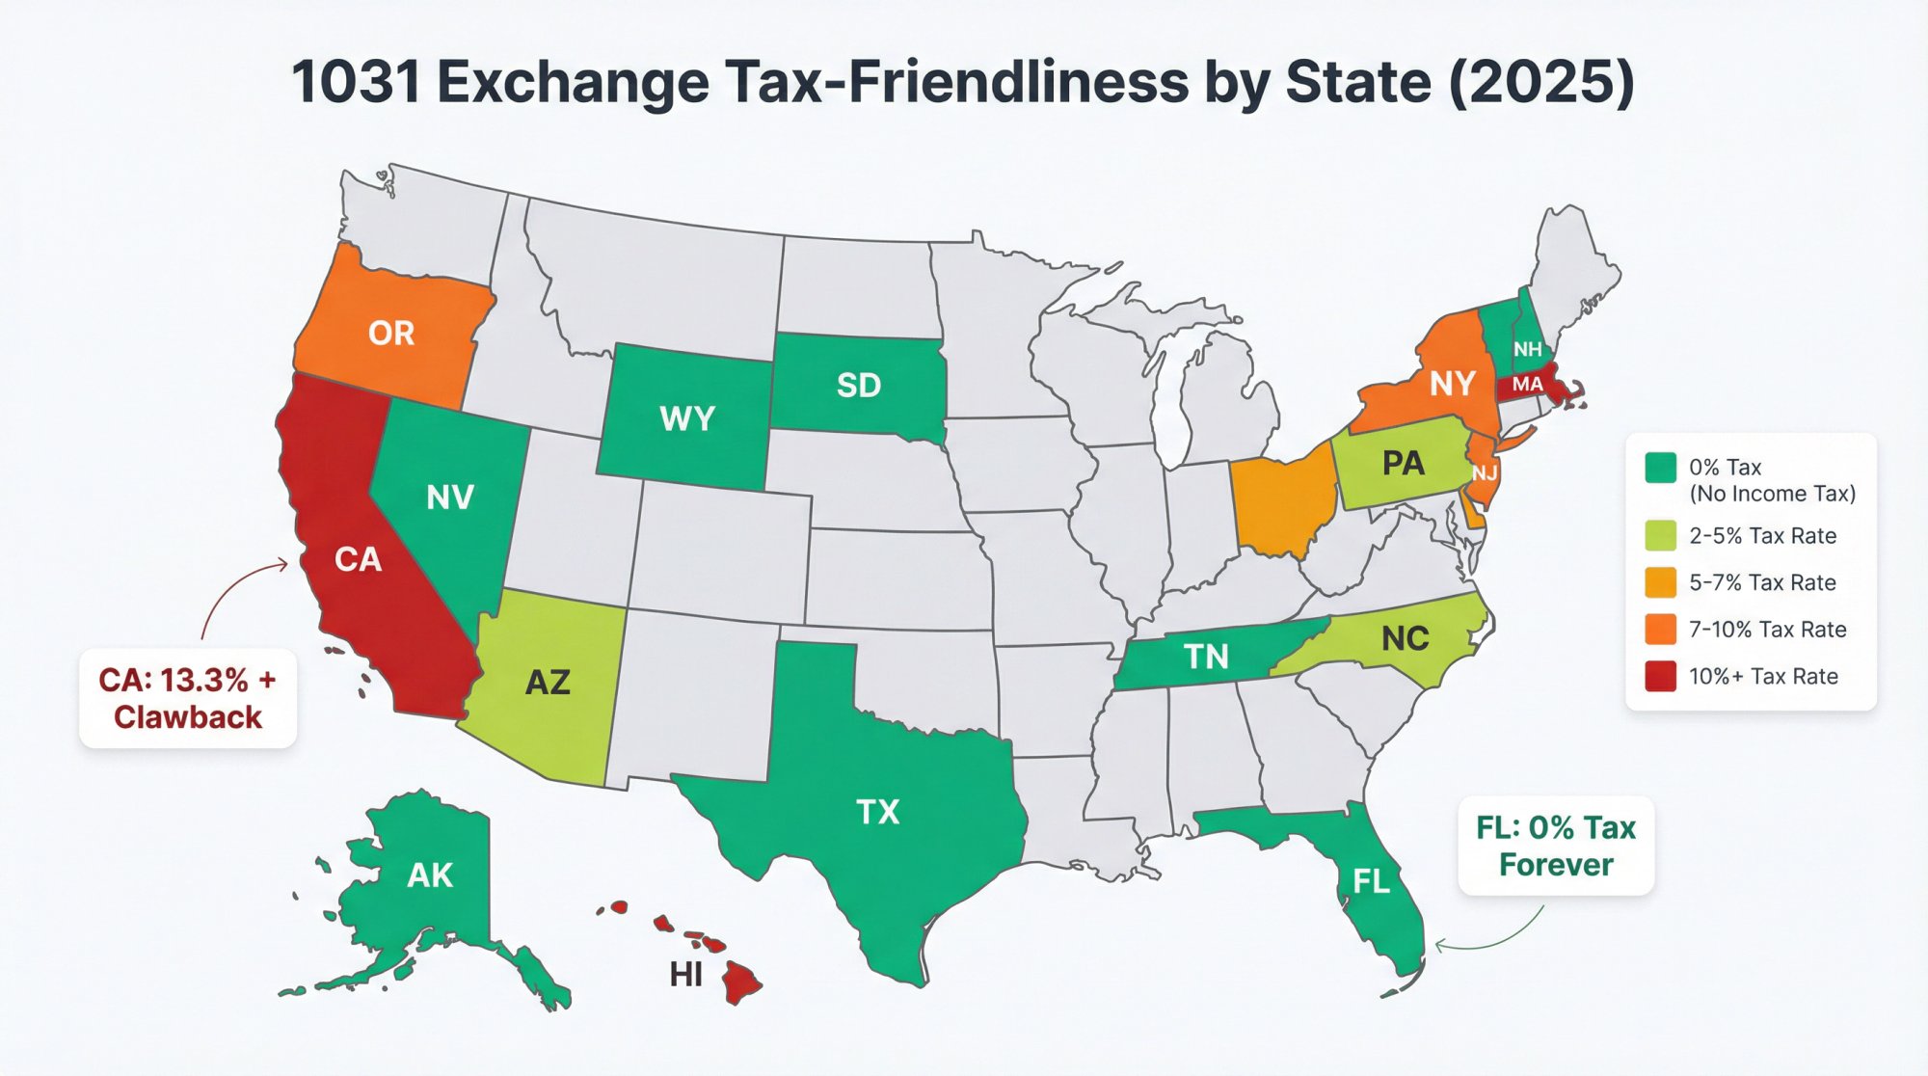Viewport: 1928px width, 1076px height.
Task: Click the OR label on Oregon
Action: click(x=390, y=334)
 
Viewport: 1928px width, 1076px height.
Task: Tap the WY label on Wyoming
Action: click(x=686, y=418)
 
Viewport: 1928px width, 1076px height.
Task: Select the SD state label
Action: click(x=858, y=386)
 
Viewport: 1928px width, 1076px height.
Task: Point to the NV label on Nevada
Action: click(x=449, y=498)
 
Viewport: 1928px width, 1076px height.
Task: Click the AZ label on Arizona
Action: click(x=548, y=683)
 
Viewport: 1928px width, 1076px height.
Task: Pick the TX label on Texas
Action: click(x=877, y=812)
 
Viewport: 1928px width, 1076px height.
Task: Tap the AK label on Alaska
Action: click(x=429, y=875)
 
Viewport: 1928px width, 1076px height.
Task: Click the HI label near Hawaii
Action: click(x=685, y=975)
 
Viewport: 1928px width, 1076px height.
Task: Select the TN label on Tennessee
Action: click(x=1206, y=657)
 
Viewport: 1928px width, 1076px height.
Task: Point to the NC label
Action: click(x=1405, y=638)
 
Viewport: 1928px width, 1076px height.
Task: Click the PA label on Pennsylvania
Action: click(x=1403, y=464)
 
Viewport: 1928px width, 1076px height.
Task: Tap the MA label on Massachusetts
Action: click(x=1527, y=385)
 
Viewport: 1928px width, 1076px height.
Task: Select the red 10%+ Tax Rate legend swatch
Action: click(x=1660, y=676)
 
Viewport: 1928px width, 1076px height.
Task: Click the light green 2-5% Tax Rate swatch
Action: click(x=1660, y=535)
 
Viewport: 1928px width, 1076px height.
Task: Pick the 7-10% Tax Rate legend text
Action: click(x=1767, y=630)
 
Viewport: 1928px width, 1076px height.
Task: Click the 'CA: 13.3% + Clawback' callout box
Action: click(x=188, y=699)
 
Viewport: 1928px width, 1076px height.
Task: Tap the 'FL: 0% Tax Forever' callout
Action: click(x=1555, y=846)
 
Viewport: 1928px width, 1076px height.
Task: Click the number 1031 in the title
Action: click(x=356, y=82)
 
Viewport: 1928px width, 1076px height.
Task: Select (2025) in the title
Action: click(x=1540, y=82)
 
